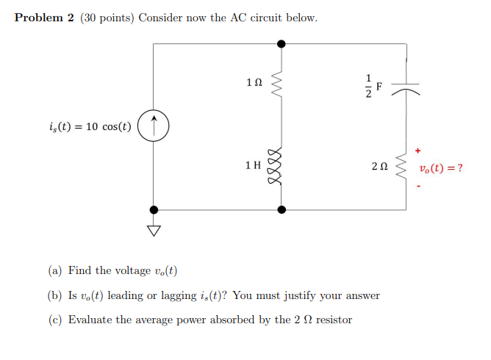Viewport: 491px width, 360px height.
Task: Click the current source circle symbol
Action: click(154, 127)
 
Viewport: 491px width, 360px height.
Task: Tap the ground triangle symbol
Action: click(154, 231)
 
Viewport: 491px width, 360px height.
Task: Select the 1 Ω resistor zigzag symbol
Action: click(279, 84)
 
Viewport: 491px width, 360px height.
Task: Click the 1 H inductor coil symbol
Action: click(279, 166)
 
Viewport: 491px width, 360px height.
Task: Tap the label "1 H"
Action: click(253, 166)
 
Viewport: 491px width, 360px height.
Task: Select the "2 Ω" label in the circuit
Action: click(379, 168)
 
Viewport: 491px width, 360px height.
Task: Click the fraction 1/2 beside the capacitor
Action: click(369, 86)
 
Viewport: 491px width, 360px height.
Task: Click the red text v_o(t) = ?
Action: click(441, 168)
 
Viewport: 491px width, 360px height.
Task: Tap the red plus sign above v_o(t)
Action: click(418, 150)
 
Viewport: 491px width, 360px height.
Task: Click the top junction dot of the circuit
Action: click(279, 44)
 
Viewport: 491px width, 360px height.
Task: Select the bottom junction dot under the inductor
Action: click(279, 209)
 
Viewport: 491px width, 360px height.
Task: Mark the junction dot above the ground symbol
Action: click(154, 209)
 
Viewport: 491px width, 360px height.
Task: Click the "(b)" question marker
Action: click(55, 295)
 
